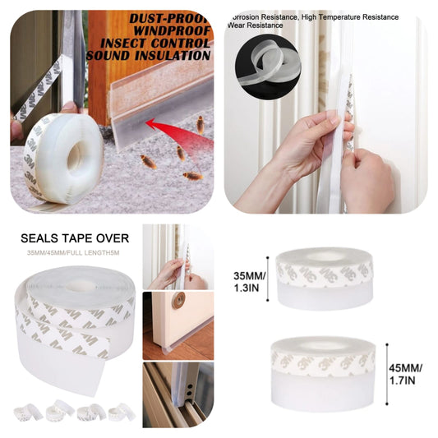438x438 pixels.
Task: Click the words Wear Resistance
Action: [256, 25]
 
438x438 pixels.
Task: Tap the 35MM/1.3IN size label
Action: [248, 276]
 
